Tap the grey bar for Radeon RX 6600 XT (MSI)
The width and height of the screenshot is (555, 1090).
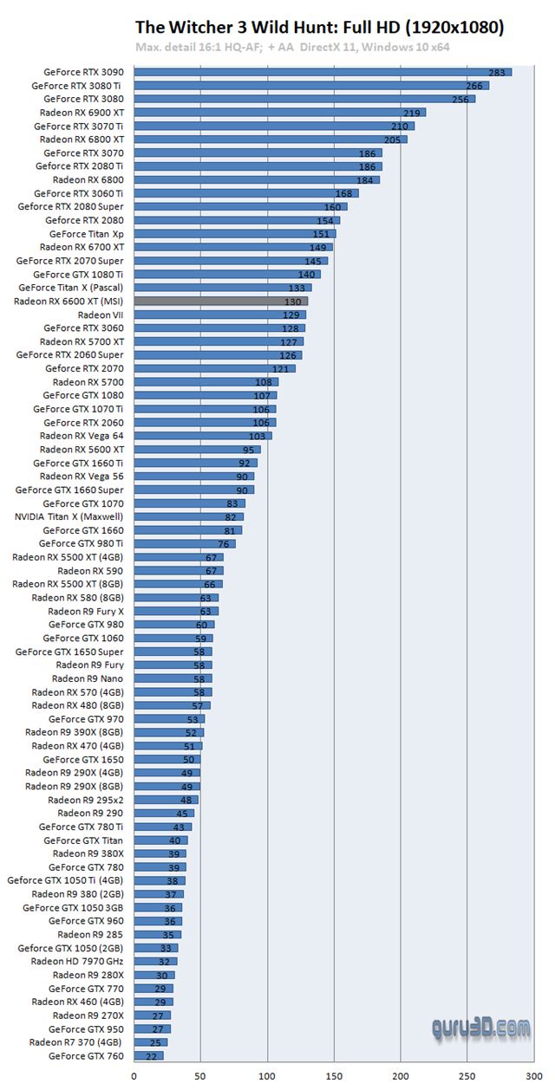(220, 301)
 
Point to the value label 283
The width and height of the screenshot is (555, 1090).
(498, 73)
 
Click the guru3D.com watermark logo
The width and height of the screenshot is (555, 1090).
(481, 1028)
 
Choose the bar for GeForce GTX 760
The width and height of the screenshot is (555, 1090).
(148, 1055)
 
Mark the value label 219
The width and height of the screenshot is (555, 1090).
(413, 113)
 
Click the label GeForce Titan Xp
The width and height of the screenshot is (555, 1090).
(86, 234)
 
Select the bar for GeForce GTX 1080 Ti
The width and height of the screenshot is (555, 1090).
(227, 274)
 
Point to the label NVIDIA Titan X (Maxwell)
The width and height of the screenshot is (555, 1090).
(69, 516)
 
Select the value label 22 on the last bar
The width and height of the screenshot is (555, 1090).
(153, 1056)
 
